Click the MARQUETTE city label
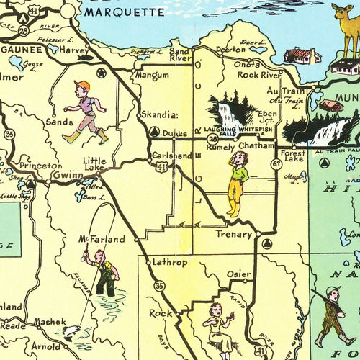124,12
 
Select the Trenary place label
234,234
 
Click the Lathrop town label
170,263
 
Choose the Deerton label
230,50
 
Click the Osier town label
239,274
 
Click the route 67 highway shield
276,164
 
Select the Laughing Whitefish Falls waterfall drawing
230,113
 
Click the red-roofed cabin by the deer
302,55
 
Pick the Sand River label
179,55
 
